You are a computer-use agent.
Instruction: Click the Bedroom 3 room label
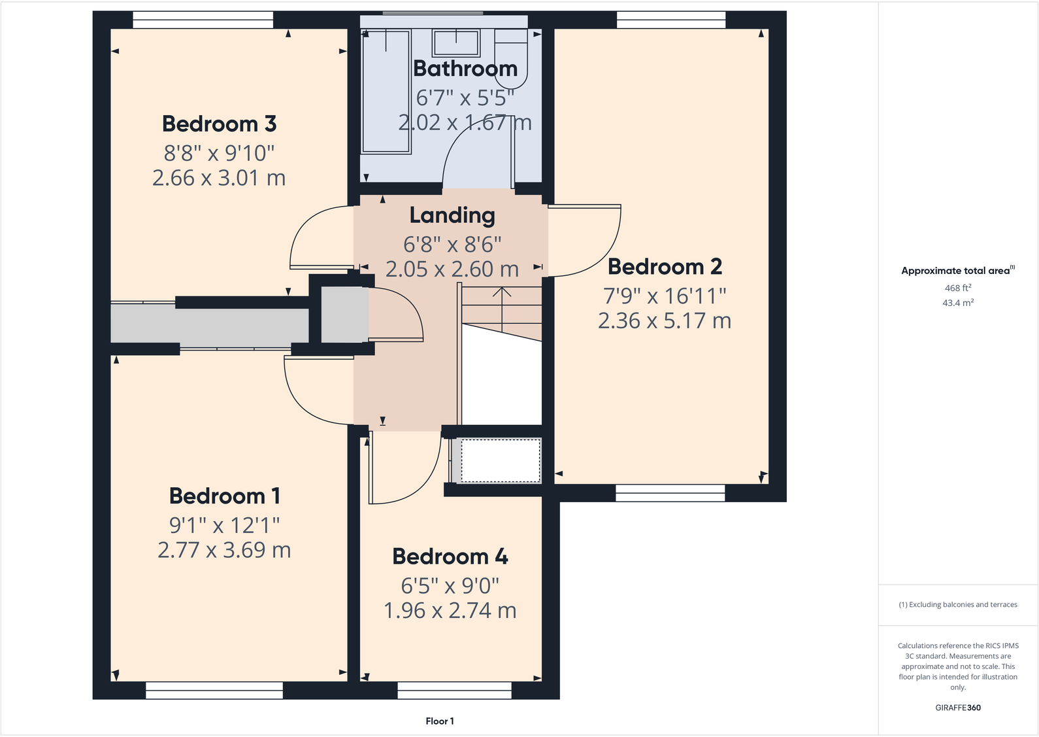click(219, 124)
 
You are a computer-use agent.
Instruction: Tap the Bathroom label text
click(465, 69)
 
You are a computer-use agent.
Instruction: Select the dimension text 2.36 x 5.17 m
click(664, 320)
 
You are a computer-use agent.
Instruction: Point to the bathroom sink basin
click(456, 43)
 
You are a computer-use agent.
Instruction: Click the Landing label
click(452, 215)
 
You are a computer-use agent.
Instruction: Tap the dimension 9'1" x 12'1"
click(224, 524)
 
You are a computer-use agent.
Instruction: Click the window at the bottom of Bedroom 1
click(214, 690)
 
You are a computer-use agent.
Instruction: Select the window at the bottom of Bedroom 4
click(454, 690)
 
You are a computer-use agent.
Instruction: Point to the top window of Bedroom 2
click(671, 20)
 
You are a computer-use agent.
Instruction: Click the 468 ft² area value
click(957, 288)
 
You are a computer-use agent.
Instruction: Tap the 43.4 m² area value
click(957, 303)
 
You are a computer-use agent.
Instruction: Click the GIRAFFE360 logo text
click(957, 708)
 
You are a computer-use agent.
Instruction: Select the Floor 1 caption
click(439, 721)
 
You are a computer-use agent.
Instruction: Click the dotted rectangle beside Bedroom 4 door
click(501, 460)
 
